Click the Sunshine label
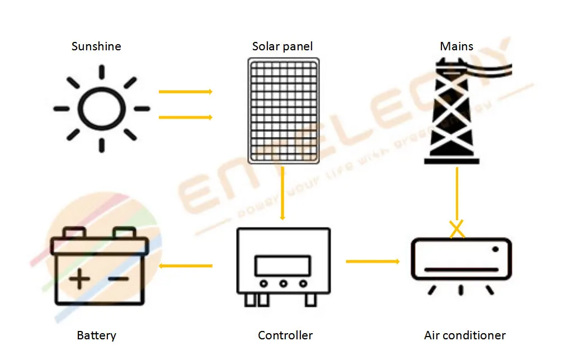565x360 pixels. coord(96,46)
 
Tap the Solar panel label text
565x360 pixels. coord(282,46)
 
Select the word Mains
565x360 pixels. coord(456,46)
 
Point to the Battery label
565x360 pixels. coord(96,335)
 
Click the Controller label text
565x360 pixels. coord(285,335)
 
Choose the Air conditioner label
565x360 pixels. coord(464,335)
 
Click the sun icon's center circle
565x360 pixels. coord(101,108)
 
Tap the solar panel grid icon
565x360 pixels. coord(284,111)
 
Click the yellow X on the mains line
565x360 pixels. coord(457,228)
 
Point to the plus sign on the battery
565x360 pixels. coord(79,278)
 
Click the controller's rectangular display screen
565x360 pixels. coord(282,265)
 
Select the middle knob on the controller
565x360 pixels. coord(283,284)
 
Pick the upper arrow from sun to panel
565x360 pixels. coord(185,92)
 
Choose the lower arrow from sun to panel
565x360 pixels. coord(185,117)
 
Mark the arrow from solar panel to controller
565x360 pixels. coord(283,193)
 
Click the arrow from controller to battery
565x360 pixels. coord(186,266)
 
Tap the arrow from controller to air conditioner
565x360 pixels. coord(373,261)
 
